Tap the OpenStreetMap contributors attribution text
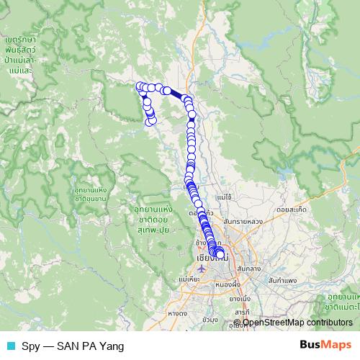pyautogui.click(x=297, y=323)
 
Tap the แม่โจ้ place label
pyautogui.click(x=223, y=196)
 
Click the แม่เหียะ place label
pyautogui.click(x=188, y=279)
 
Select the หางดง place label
pyautogui.click(x=176, y=313)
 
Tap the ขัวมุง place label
pyautogui.click(x=210, y=319)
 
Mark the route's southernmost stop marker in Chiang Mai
pyautogui.click(x=220, y=253)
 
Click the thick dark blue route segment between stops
pyautogui.click(x=176, y=94)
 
